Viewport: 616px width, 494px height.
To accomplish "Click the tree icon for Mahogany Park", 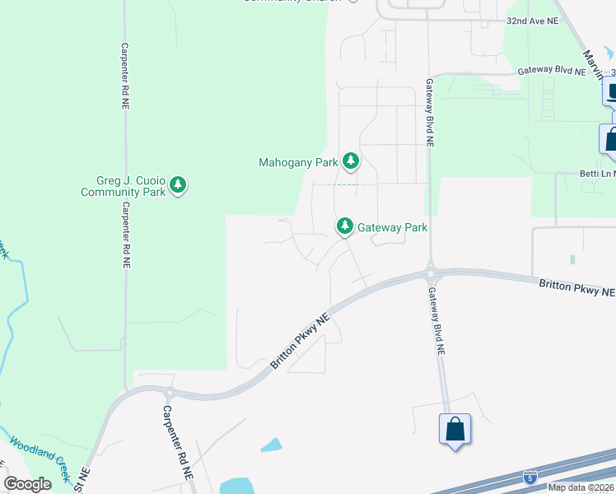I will [351, 161].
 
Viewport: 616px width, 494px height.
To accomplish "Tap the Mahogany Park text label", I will [298, 162].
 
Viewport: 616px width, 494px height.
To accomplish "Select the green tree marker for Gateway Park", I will [344, 226].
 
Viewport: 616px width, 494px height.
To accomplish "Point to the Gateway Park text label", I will [392, 227].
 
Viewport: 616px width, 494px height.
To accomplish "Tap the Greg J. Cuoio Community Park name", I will [122, 186].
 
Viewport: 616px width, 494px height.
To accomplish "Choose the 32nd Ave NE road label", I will [532, 19].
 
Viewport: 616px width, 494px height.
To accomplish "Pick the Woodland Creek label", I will [40, 458].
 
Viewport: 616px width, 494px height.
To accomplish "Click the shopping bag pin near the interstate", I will [455, 430].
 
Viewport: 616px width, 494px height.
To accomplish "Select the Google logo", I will [28, 483].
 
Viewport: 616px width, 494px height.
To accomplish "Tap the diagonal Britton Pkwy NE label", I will [301, 341].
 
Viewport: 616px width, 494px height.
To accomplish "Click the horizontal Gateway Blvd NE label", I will [551, 72].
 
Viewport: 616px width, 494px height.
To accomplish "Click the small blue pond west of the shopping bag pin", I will [271, 445].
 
